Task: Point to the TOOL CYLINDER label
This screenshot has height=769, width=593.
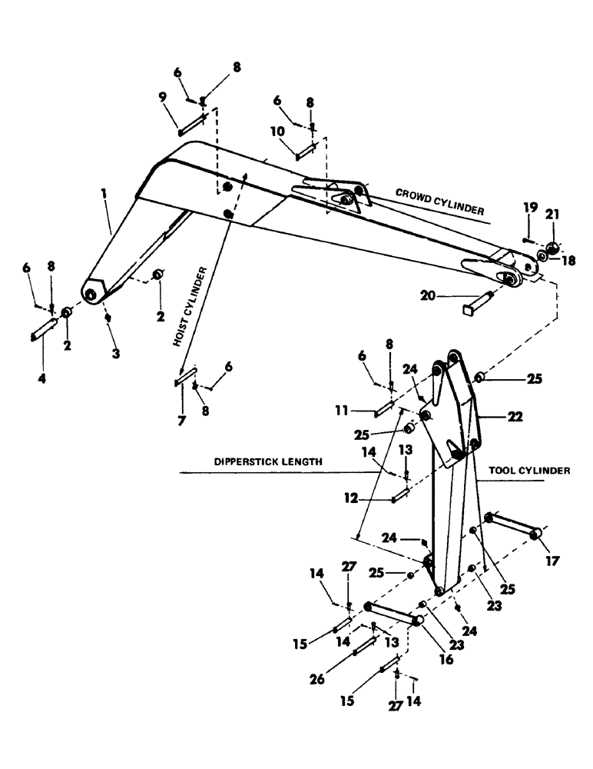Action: tap(528, 471)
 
